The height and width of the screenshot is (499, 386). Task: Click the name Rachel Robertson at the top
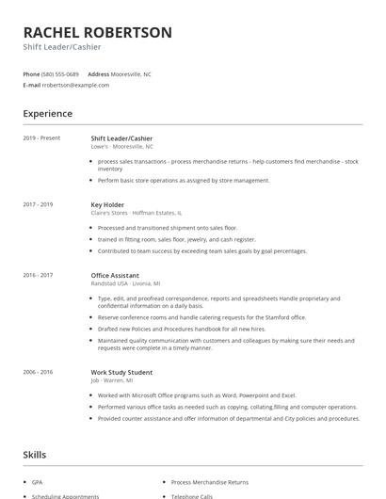coord(98,32)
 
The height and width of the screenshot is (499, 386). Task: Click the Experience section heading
coord(48,114)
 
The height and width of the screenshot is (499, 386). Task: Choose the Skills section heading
coord(34,455)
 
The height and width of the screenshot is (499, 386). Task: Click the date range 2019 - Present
coord(41,138)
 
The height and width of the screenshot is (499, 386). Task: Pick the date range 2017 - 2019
coord(39,204)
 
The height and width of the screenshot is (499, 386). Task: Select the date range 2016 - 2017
coord(39,275)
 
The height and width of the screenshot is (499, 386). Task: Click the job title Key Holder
coord(108,204)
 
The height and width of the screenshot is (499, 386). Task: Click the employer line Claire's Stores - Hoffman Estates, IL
coord(137,213)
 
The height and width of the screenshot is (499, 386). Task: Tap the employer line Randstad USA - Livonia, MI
coord(125,283)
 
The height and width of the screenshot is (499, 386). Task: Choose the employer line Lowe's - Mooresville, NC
coord(121,147)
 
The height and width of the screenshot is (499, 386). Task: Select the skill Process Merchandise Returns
coord(216,481)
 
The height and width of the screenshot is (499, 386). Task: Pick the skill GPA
coord(37,481)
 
